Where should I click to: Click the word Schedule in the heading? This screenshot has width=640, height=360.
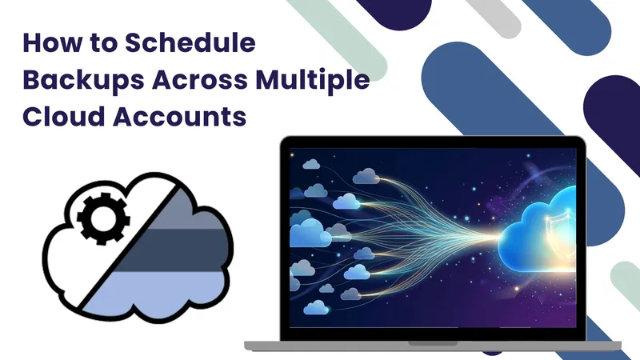point(190,42)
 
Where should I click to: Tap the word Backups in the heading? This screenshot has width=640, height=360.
point(83,81)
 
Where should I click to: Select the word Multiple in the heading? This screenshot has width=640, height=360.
point(313,81)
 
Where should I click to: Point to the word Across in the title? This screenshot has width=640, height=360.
point(200,80)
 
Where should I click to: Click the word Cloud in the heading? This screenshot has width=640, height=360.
point(64,116)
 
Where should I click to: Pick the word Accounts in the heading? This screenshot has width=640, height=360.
point(180,117)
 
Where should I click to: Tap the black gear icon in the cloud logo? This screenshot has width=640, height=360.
point(103,218)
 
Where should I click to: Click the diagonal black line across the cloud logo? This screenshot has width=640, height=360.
point(129,245)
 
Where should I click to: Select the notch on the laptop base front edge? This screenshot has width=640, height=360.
point(433,344)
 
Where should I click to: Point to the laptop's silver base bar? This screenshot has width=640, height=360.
point(433,346)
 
